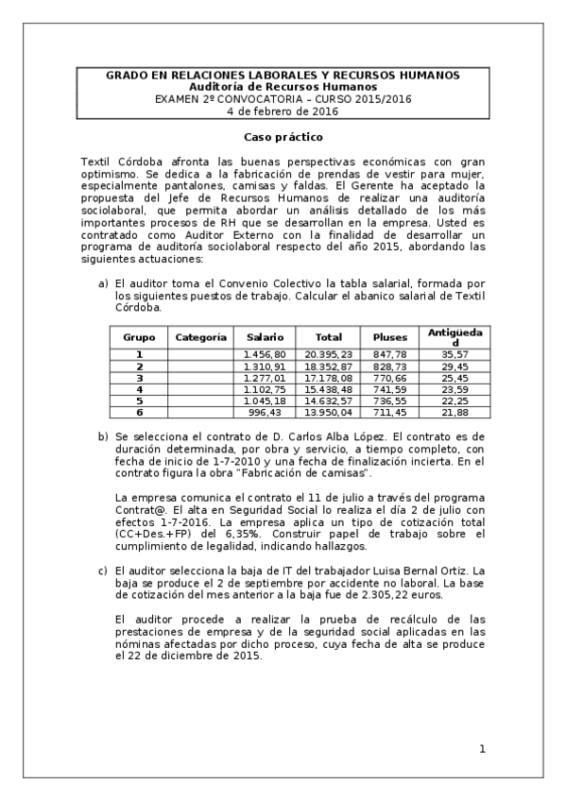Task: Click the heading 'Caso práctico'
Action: point(283,137)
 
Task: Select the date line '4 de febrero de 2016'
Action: point(283,111)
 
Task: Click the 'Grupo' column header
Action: point(139,336)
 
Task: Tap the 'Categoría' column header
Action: point(201,336)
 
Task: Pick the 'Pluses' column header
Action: point(390,336)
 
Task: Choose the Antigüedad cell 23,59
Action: point(455,388)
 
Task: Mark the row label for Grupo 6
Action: point(139,412)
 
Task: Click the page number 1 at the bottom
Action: point(481,749)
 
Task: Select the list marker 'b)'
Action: point(104,436)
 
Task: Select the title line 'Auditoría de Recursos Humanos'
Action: point(283,86)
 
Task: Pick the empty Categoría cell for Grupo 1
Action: point(201,353)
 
